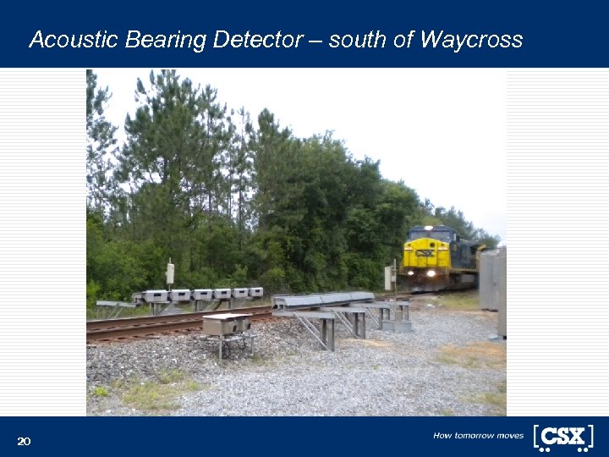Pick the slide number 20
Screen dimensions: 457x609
(x=24, y=441)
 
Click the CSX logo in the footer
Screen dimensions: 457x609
(x=562, y=437)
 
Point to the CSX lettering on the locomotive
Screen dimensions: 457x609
(x=425, y=252)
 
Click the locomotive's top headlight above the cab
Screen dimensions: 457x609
(x=430, y=228)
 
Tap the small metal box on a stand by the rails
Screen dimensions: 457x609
(x=226, y=324)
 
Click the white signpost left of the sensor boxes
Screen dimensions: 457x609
(x=170, y=273)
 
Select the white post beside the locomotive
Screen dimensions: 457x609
(x=389, y=277)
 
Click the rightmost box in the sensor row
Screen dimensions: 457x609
(x=256, y=293)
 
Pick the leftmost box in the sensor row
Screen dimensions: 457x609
(x=156, y=296)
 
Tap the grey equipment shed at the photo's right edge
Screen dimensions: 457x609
(x=491, y=279)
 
